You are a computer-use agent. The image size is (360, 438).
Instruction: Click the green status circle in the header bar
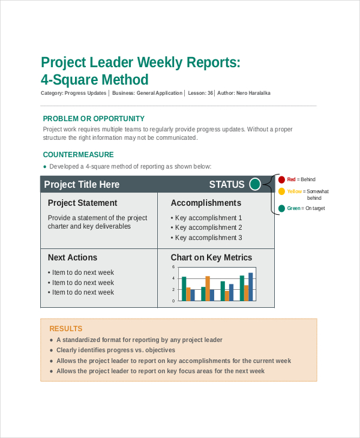tap(255, 184)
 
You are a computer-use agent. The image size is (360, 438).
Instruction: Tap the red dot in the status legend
tap(281, 179)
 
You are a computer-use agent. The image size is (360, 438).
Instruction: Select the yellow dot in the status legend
tap(281, 191)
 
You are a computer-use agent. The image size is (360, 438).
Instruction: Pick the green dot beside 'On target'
tap(281, 208)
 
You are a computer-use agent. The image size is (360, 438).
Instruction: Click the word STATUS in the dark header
tap(227, 185)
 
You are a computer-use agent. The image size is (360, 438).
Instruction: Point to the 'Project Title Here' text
tap(82, 185)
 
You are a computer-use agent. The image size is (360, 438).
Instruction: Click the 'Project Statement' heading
tap(82, 203)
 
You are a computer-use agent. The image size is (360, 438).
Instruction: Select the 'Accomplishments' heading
tap(206, 203)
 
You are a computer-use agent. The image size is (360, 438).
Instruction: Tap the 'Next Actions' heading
tap(72, 257)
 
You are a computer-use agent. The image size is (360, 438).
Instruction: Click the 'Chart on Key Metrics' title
tap(211, 257)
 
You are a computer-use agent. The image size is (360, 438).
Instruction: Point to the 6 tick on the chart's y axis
tap(173, 267)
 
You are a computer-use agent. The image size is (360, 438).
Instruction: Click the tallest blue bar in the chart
tap(251, 286)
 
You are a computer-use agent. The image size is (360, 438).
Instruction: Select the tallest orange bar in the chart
tap(208, 288)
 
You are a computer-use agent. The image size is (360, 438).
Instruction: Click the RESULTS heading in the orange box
tap(65, 329)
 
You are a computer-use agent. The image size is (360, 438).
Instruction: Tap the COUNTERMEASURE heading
tap(78, 155)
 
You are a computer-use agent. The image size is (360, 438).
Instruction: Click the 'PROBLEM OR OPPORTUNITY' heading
tap(94, 119)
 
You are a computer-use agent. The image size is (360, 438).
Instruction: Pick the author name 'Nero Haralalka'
tap(254, 93)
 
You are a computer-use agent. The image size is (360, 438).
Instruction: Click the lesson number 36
tap(210, 93)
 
